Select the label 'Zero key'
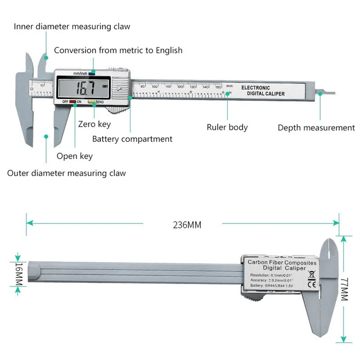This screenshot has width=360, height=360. point(94,124)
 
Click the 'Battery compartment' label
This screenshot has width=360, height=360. point(132,139)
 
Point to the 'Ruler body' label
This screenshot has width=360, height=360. point(227,128)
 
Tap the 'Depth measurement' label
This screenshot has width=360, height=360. point(316,128)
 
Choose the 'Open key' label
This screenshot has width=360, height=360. point(74,156)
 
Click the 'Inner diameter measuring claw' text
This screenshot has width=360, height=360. point(72,26)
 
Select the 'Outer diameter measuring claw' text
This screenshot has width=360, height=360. point(66,173)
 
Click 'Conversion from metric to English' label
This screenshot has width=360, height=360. point(118,50)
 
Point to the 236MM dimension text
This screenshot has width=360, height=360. point(186,225)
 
